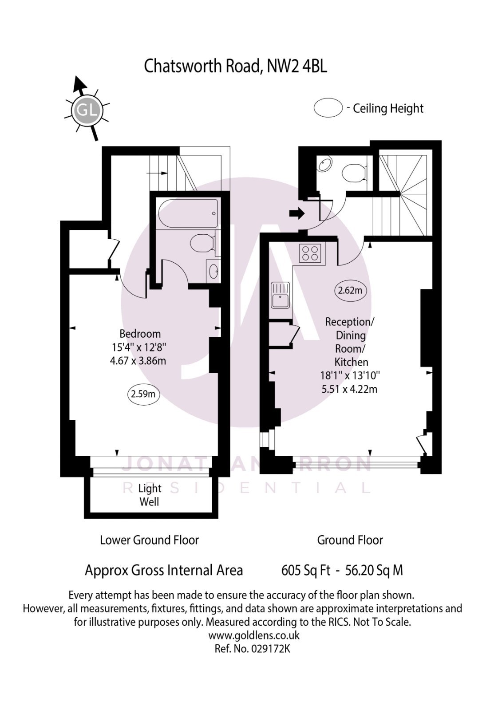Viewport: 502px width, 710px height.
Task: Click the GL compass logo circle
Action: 87,110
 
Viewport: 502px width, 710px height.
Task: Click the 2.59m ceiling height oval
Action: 143,394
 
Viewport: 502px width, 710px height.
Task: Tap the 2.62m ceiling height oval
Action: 350,291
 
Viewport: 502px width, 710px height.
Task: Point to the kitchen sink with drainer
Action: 280,296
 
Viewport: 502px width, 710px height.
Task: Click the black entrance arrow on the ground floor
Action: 296,214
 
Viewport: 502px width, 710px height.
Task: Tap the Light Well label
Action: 150,495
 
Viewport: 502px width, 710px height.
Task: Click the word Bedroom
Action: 140,334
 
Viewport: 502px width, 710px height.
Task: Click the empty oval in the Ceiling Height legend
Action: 328,108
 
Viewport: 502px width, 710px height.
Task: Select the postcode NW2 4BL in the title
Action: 297,67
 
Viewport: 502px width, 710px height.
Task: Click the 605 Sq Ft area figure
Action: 306,570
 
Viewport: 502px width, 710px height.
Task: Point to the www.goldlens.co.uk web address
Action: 253,635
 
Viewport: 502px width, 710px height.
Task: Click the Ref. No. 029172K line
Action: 252,648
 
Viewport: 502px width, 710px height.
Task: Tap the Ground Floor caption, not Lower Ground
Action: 350,540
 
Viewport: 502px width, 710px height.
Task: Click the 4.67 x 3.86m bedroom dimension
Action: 138,361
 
